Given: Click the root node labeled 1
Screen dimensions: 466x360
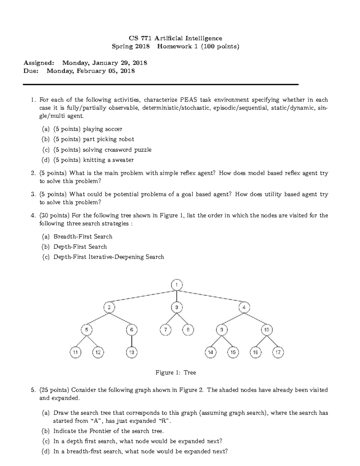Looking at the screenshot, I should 177,285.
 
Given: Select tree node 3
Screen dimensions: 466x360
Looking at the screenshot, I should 177,307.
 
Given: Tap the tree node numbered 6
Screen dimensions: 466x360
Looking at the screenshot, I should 131,330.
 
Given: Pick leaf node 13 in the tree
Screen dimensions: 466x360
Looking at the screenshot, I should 131,352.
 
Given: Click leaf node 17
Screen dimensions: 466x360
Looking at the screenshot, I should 278,352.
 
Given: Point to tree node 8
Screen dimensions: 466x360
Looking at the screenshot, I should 188,330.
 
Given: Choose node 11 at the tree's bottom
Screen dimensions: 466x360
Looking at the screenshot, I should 75,352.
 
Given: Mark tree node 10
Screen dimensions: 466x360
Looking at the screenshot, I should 266,330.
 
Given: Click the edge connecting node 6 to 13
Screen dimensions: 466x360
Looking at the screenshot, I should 131,341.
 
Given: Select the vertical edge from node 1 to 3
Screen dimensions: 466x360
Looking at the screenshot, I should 177,296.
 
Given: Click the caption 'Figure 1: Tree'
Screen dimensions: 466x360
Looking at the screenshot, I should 175,373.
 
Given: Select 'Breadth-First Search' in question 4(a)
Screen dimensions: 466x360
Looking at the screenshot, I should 83,236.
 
